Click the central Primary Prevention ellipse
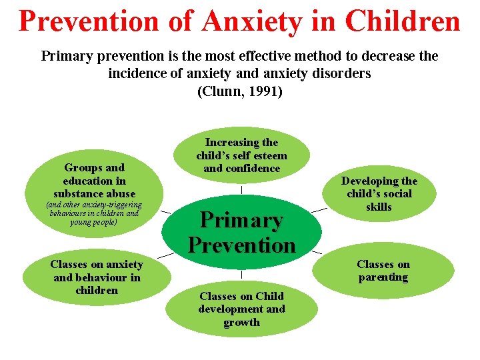point(241,232)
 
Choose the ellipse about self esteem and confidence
point(241,155)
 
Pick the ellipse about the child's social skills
point(379,193)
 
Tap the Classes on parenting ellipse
point(383,271)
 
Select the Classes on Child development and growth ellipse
point(241,309)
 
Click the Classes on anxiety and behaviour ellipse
point(97,277)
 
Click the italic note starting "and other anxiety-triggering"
point(94,213)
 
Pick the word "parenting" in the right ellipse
point(383,277)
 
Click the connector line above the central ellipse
point(241,189)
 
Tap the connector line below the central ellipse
point(241,274)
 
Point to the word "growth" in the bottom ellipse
point(241,323)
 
